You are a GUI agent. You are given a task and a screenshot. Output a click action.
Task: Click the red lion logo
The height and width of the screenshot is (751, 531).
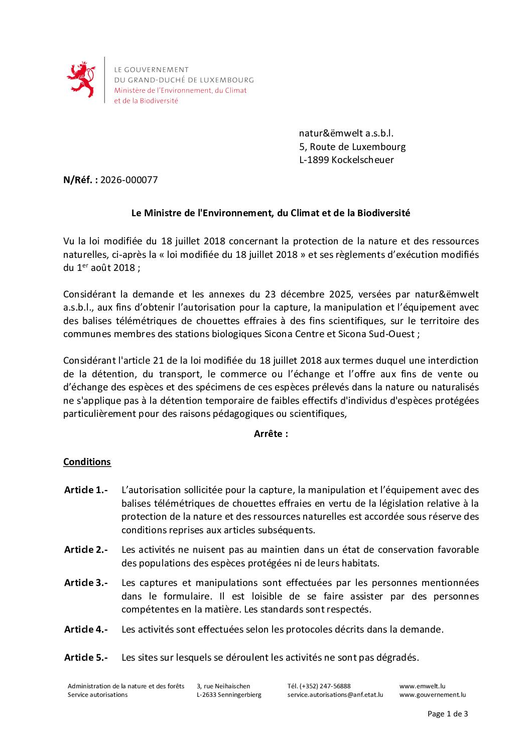point(81,79)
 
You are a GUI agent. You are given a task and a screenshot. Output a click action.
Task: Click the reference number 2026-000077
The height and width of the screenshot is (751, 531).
point(129,180)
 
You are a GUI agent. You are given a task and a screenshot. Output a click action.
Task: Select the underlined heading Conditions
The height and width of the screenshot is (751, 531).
point(87,462)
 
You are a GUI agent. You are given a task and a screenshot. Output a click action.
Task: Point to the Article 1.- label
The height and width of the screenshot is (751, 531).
point(86,490)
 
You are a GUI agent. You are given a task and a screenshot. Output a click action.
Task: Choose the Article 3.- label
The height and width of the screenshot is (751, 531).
point(86,583)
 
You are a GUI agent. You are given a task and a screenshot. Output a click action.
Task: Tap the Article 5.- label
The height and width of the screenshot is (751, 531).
point(86,657)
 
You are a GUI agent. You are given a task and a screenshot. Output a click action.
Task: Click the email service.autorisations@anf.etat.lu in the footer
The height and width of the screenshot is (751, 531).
point(335,695)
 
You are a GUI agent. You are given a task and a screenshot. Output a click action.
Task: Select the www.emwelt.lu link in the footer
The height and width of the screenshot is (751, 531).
point(422,686)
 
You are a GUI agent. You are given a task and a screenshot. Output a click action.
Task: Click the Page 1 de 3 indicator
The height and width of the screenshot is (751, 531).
point(447,714)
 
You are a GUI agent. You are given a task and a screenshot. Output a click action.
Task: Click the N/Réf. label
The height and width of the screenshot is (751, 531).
point(80,180)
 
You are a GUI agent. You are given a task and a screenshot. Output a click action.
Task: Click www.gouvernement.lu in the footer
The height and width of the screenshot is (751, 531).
point(432,695)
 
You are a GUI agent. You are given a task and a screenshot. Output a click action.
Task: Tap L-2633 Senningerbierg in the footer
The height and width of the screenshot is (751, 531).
point(229,695)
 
